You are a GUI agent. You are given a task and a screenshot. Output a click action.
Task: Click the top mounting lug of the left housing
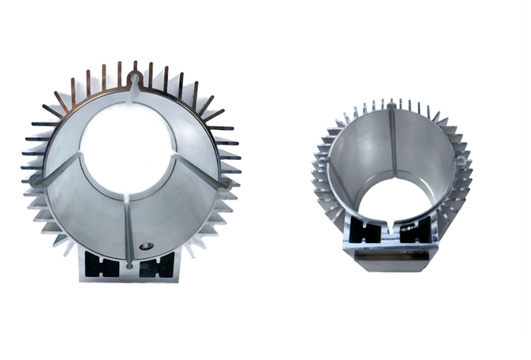[x=135, y=74]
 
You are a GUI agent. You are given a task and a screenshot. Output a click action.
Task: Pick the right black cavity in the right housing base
[x=412, y=232]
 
